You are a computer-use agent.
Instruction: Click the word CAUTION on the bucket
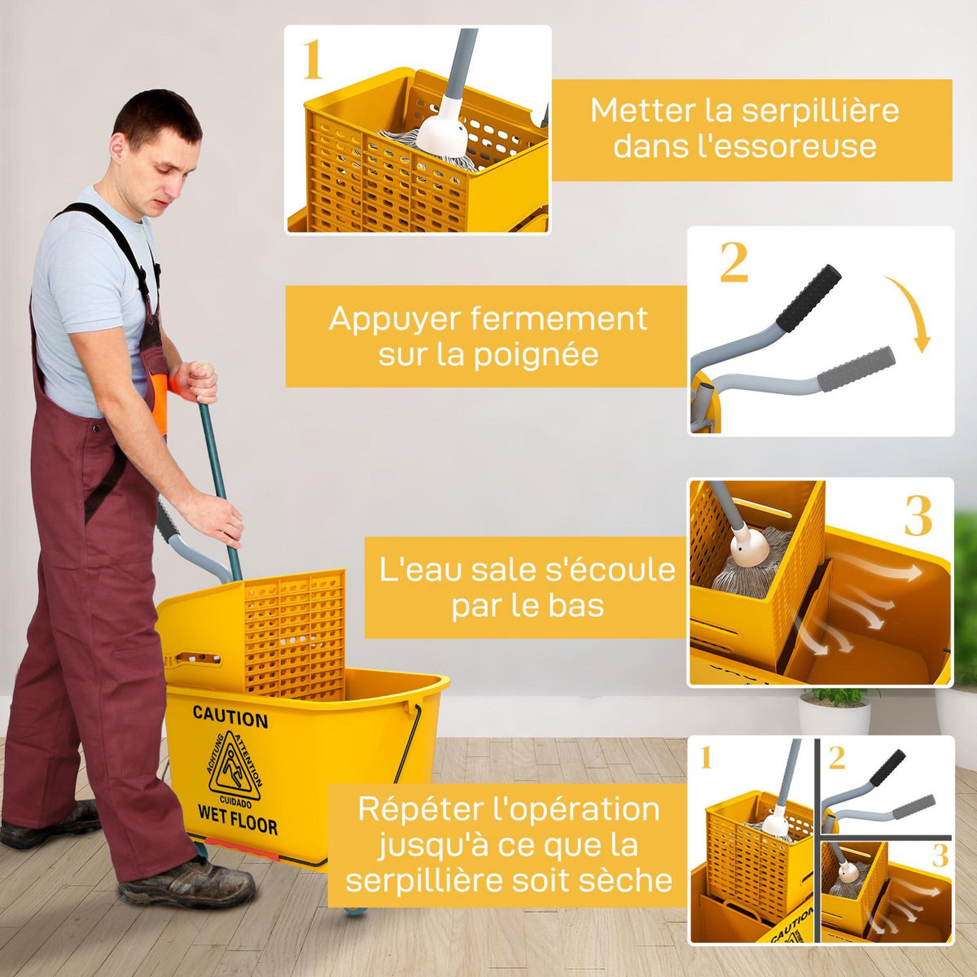coord(230,717)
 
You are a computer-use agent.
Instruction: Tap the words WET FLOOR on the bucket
coord(237,817)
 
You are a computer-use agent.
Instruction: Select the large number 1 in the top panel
coord(313,61)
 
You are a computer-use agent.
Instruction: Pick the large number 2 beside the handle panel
coord(734,262)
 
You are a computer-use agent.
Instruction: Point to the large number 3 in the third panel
coord(918,516)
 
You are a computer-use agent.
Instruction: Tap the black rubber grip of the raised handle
coord(808,298)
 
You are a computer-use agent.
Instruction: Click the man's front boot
coord(187,883)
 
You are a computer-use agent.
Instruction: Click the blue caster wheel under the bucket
coord(354,909)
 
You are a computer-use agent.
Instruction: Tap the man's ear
coord(119,149)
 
